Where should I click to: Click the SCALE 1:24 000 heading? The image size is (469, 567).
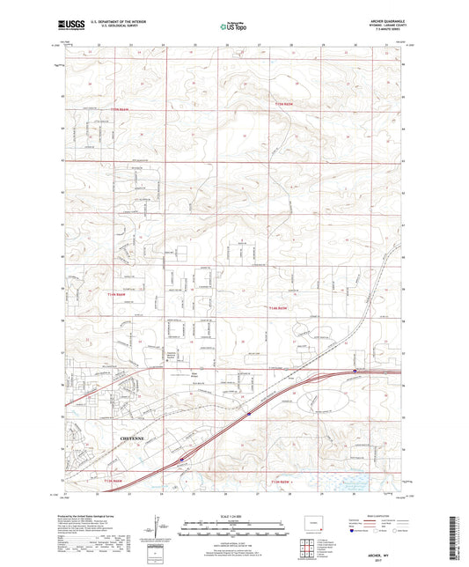pos(234,515)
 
